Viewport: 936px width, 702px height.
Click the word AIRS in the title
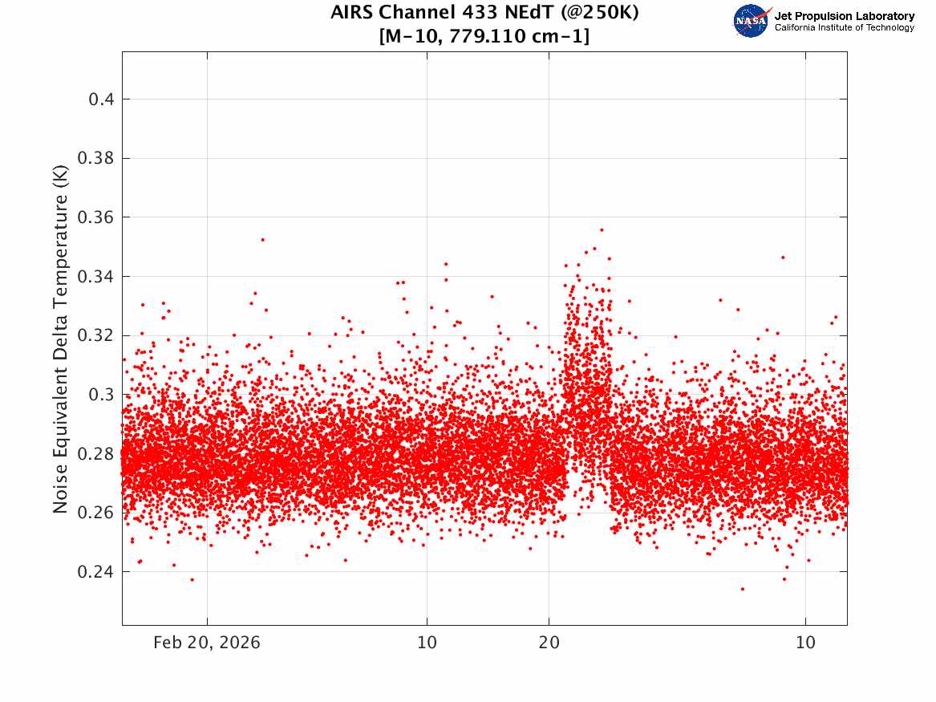click(351, 12)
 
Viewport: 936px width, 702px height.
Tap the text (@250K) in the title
click(599, 13)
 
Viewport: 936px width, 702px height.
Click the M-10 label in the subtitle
click(411, 36)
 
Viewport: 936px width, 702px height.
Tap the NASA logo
click(752, 21)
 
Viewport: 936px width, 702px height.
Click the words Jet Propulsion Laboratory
click(845, 16)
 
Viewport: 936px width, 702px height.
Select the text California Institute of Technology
click(845, 27)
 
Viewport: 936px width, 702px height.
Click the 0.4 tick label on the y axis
click(102, 99)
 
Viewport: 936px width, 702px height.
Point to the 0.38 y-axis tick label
click(95, 158)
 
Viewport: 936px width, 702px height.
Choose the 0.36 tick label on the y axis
click(95, 217)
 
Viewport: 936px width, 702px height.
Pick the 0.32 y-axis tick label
click(95, 335)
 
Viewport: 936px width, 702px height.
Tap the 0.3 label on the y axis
click(102, 395)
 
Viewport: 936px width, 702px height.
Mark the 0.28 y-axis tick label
click(95, 453)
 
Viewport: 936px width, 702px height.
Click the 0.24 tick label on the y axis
click(95, 572)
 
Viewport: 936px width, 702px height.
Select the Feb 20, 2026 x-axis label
click(207, 643)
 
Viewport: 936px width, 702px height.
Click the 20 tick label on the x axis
click(549, 643)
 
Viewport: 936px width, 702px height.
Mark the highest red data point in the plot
click(602, 229)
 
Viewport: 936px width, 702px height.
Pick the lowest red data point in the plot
click(743, 589)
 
